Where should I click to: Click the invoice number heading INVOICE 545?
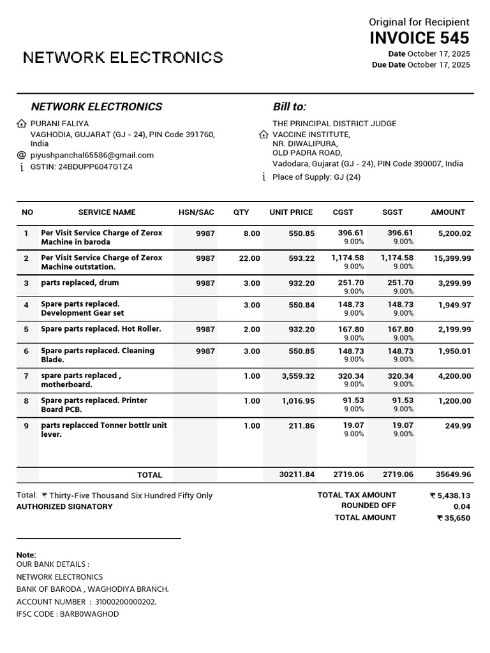[419, 38]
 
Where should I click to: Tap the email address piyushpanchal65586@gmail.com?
[92, 155]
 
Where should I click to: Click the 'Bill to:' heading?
[289, 106]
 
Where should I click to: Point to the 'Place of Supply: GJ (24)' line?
[316, 177]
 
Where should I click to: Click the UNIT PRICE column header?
[291, 212]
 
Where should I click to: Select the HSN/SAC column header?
[196, 212]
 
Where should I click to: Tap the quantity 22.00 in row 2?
[249, 258]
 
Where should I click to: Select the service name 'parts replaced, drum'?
[80, 283]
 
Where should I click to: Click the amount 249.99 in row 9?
[458, 426]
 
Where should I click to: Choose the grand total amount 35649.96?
[453, 474]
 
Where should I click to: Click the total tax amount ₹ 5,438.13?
[450, 495]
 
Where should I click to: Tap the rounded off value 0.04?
[462, 506]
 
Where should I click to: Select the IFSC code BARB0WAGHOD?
[89, 614]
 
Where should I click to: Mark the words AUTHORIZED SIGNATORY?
[64, 507]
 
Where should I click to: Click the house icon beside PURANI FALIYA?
[22, 124]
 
